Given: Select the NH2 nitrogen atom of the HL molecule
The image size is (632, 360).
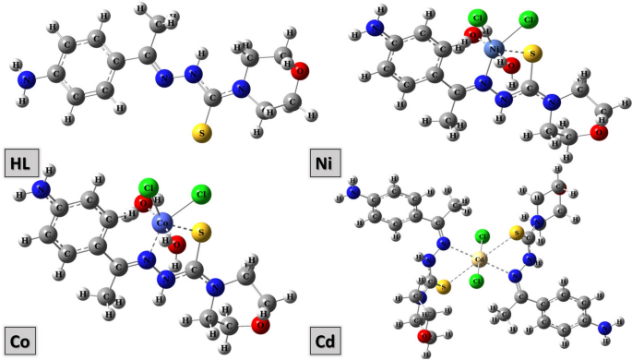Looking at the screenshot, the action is tap(27, 80).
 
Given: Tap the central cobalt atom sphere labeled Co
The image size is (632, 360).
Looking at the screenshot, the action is tap(163, 222).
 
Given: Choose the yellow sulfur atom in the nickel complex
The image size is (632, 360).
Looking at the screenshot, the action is tap(530, 56).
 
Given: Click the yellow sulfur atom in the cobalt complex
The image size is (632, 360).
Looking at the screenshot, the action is tap(203, 231).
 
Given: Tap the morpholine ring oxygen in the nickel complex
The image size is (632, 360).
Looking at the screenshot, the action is tap(599, 133).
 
